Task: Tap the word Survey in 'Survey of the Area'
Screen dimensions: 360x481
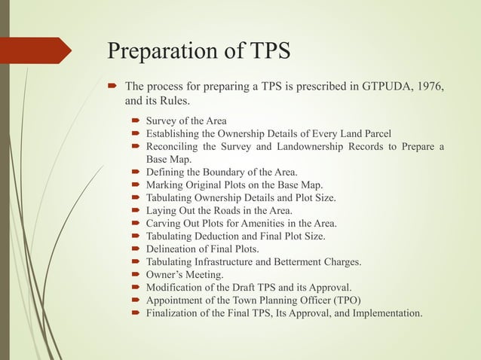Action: click(x=162, y=121)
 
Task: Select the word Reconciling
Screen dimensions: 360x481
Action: click(x=175, y=146)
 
